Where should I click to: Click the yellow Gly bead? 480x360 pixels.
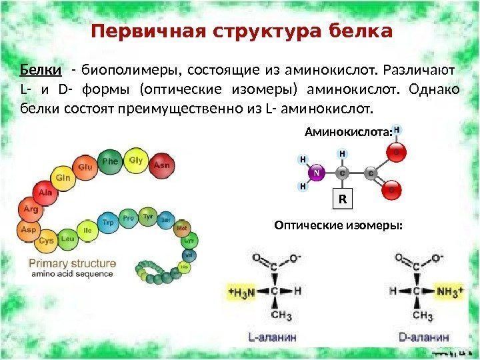[136, 161]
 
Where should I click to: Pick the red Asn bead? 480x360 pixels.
[161, 164]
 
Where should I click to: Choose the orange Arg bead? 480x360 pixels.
[31, 209]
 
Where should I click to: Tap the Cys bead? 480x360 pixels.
[47, 240]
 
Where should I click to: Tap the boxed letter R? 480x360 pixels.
[343, 199]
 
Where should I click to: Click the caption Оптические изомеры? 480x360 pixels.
[339, 226]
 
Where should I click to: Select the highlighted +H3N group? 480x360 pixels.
[241, 291]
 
